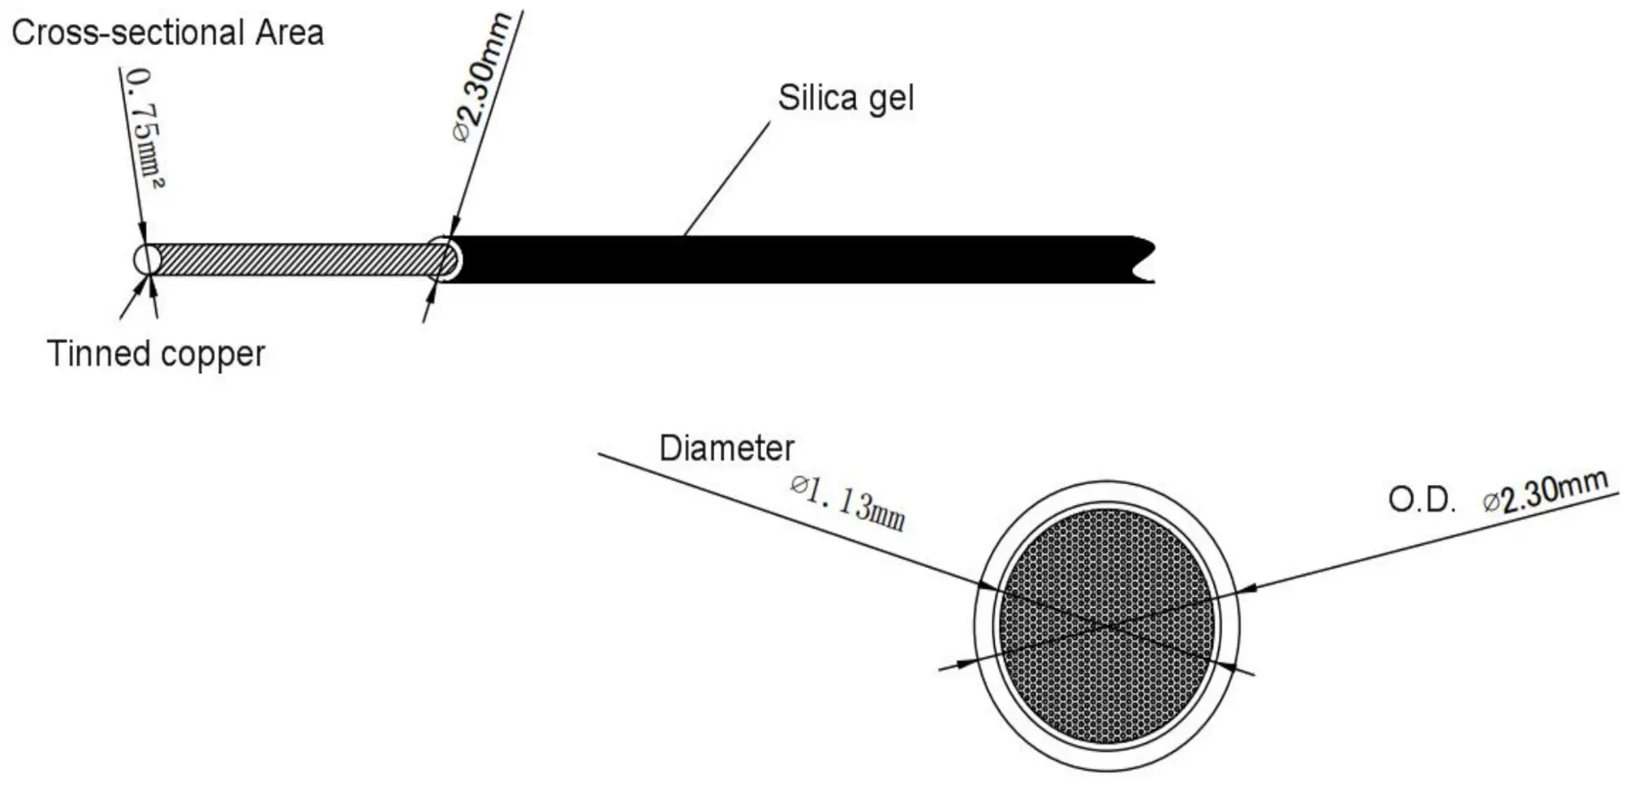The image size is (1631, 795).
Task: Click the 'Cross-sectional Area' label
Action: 168,33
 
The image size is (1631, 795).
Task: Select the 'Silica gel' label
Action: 846,98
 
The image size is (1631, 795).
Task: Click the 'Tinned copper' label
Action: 156,353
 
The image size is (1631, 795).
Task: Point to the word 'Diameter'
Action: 726,448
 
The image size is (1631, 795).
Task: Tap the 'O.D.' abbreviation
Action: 1422,500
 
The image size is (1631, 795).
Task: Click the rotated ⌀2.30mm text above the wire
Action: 481,79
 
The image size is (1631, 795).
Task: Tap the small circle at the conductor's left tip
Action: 147,259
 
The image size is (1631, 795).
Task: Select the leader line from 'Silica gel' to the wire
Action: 726,178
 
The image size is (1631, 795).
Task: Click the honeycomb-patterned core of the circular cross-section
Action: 1107,625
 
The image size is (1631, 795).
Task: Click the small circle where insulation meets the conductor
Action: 443,258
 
